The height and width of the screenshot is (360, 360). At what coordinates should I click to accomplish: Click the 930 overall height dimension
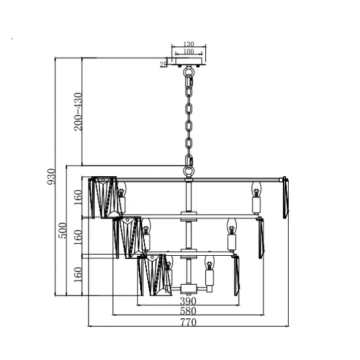[x=51, y=176]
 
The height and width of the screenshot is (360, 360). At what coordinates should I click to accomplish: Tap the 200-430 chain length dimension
[x=78, y=112]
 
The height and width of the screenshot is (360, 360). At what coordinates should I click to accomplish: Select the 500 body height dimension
[x=63, y=231]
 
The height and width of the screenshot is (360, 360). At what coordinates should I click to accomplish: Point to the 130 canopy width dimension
[x=189, y=44]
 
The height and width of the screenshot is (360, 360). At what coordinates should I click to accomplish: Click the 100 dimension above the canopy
[x=189, y=51]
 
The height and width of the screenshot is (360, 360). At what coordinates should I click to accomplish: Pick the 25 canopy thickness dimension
[x=163, y=64]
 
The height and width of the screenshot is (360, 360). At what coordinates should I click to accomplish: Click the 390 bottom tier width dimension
[x=188, y=301]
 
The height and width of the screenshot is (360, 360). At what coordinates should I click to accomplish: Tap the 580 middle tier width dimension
[x=188, y=311]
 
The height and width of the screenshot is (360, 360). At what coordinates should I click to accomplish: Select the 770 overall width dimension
[x=188, y=322]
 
